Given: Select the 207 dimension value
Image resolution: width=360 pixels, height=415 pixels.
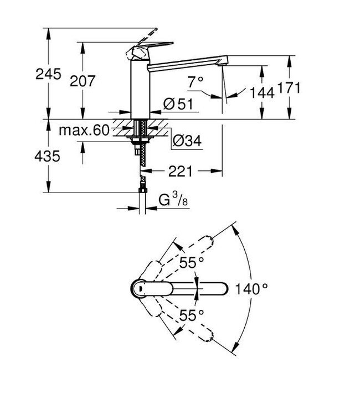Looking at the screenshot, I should click(x=83, y=81).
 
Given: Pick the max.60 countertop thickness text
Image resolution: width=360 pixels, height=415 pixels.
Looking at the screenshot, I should click(x=84, y=131).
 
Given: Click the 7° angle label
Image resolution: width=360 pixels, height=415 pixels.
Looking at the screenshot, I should click(x=196, y=81).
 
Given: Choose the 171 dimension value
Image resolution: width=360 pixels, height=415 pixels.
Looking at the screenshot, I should click(x=288, y=87).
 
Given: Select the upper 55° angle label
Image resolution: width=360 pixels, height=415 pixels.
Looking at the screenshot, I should click(x=192, y=262).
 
